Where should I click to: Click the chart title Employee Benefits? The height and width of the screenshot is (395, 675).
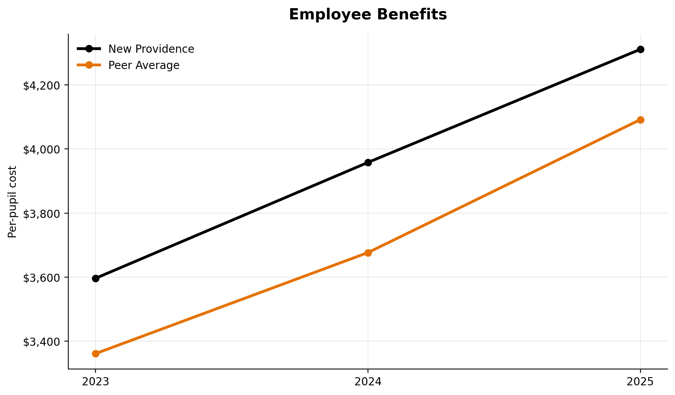coord(368,15)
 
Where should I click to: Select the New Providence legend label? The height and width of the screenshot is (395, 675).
coord(151,49)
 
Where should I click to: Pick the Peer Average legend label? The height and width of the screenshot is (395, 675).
coord(144,66)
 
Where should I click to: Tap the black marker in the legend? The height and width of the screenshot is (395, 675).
coord(89,49)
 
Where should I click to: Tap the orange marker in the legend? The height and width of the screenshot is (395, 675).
coord(89,65)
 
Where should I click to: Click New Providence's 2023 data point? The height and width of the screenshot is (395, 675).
coord(95,278)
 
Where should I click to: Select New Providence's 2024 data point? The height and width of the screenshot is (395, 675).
coord(368,162)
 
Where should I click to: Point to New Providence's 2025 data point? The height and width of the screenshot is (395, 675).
coord(640,49)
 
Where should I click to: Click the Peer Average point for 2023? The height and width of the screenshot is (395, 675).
coord(95,354)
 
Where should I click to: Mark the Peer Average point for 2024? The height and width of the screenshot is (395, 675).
coord(368,253)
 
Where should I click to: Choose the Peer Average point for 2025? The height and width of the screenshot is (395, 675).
coord(640,120)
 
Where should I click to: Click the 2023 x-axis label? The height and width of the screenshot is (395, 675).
coord(95,382)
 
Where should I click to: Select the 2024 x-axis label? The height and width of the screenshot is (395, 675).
coord(368,382)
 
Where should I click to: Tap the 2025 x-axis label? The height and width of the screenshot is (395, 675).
coord(640,382)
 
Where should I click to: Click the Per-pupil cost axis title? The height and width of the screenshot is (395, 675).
coord(12,202)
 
